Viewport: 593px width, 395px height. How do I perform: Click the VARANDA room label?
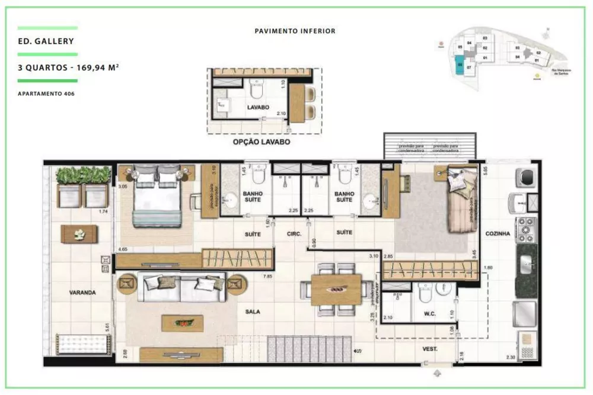82,293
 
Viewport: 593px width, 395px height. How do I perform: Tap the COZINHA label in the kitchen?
497,235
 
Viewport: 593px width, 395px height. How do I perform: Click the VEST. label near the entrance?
429,349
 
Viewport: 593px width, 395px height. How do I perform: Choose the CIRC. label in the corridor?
294,235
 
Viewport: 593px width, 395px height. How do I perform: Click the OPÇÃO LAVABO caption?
262,142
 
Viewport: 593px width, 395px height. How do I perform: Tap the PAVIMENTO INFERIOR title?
295,31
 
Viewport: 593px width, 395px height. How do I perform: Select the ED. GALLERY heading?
46,41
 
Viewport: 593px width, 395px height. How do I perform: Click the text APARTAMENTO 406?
46,94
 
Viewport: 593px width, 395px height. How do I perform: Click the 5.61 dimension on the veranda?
106,326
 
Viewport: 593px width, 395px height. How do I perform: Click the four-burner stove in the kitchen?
526,229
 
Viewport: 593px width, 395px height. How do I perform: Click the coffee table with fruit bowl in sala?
181,323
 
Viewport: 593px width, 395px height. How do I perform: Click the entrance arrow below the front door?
437,374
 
